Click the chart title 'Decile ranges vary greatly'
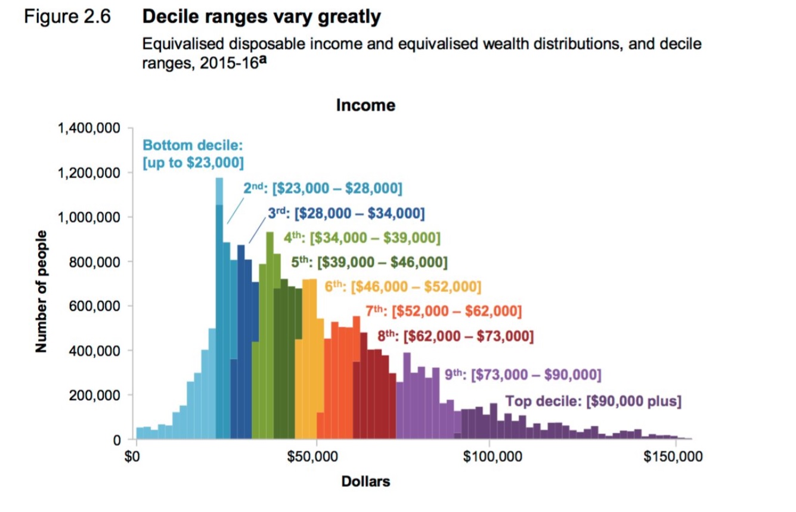click(x=261, y=17)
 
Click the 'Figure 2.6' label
click(x=67, y=17)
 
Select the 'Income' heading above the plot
click(x=366, y=105)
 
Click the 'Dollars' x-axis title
click(x=366, y=481)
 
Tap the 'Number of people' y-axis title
click(x=41, y=291)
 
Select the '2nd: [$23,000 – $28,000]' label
click(x=323, y=189)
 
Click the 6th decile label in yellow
click(x=402, y=287)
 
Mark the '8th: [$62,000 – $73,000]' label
click(x=456, y=337)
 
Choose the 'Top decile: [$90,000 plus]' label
click(x=593, y=401)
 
